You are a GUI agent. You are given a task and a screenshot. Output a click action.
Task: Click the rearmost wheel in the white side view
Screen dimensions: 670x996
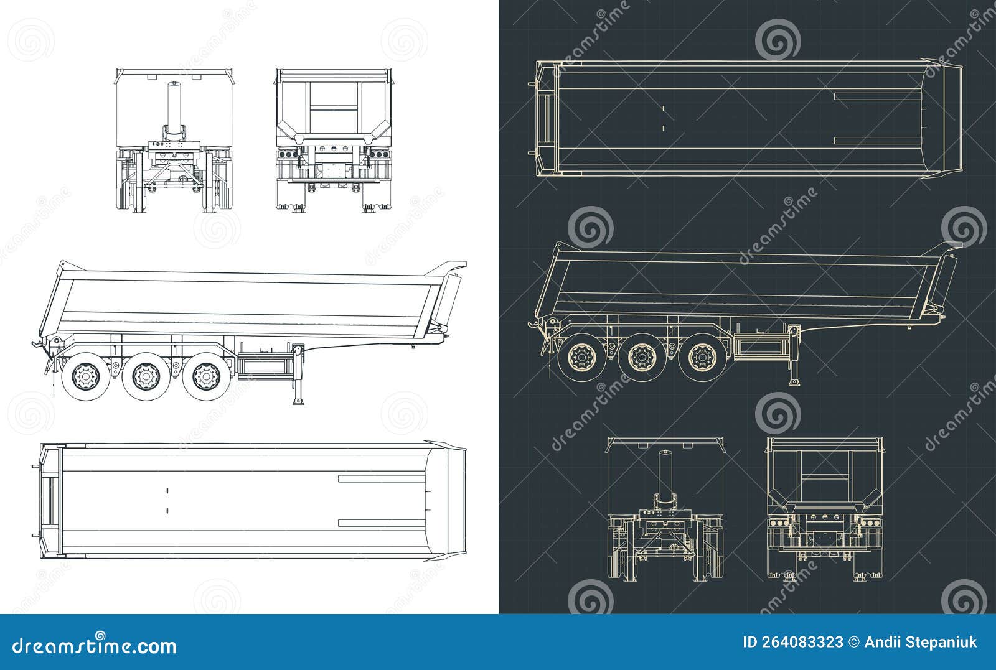[x=85, y=376]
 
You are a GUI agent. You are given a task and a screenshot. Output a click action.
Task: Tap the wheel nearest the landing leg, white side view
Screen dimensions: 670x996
[x=204, y=376]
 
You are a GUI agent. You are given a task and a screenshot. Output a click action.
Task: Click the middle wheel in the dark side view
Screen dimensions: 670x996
[x=642, y=358]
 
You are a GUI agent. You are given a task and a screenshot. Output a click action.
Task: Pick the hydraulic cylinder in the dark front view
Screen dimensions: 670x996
[x=665, y=473]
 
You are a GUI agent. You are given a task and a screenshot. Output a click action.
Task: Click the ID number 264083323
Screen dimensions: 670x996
[x=793, y=643]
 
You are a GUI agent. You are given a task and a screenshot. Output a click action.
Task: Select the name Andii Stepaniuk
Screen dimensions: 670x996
[x=921, y=643]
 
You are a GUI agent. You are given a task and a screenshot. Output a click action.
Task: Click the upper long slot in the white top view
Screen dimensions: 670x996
[x=381, y=478]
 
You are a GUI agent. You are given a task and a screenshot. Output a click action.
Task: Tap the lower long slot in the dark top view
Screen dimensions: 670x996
[x=878, y=140]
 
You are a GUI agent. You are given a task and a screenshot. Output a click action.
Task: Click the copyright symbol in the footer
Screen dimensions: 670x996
[x=854, y=643]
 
